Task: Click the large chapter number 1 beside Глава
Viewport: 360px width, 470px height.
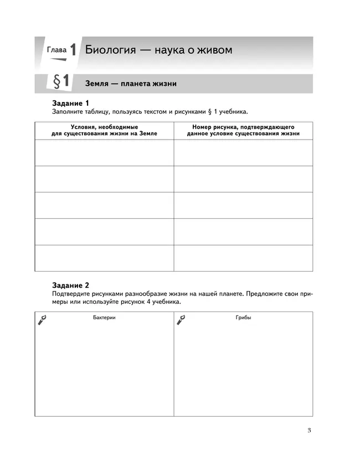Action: [x=73, y=49]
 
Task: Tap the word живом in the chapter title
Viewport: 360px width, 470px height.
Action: [x=213, y=50]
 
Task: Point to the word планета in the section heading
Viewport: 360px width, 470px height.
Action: [x=134, y=84]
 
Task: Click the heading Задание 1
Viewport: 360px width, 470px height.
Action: [x=70, y=103]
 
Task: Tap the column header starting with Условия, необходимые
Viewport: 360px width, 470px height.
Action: [x=104, y=130]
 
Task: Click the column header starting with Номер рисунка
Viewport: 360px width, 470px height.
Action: [x=243, y=130]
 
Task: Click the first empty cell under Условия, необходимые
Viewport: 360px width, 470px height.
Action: [x=104, y=152]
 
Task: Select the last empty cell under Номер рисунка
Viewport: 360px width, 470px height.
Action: [x=243, y=258]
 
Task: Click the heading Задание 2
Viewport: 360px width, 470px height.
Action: [x=70, y=285]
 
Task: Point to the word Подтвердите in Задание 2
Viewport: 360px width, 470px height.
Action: [x=71, y=294]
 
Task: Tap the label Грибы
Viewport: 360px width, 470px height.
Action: [x=243, y=318]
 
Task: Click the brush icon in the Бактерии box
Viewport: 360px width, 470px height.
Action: [x=42, y=320]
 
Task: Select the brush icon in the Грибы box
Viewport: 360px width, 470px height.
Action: [x=181, y=320]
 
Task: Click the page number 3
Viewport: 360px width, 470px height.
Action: [x=309, y=431]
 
